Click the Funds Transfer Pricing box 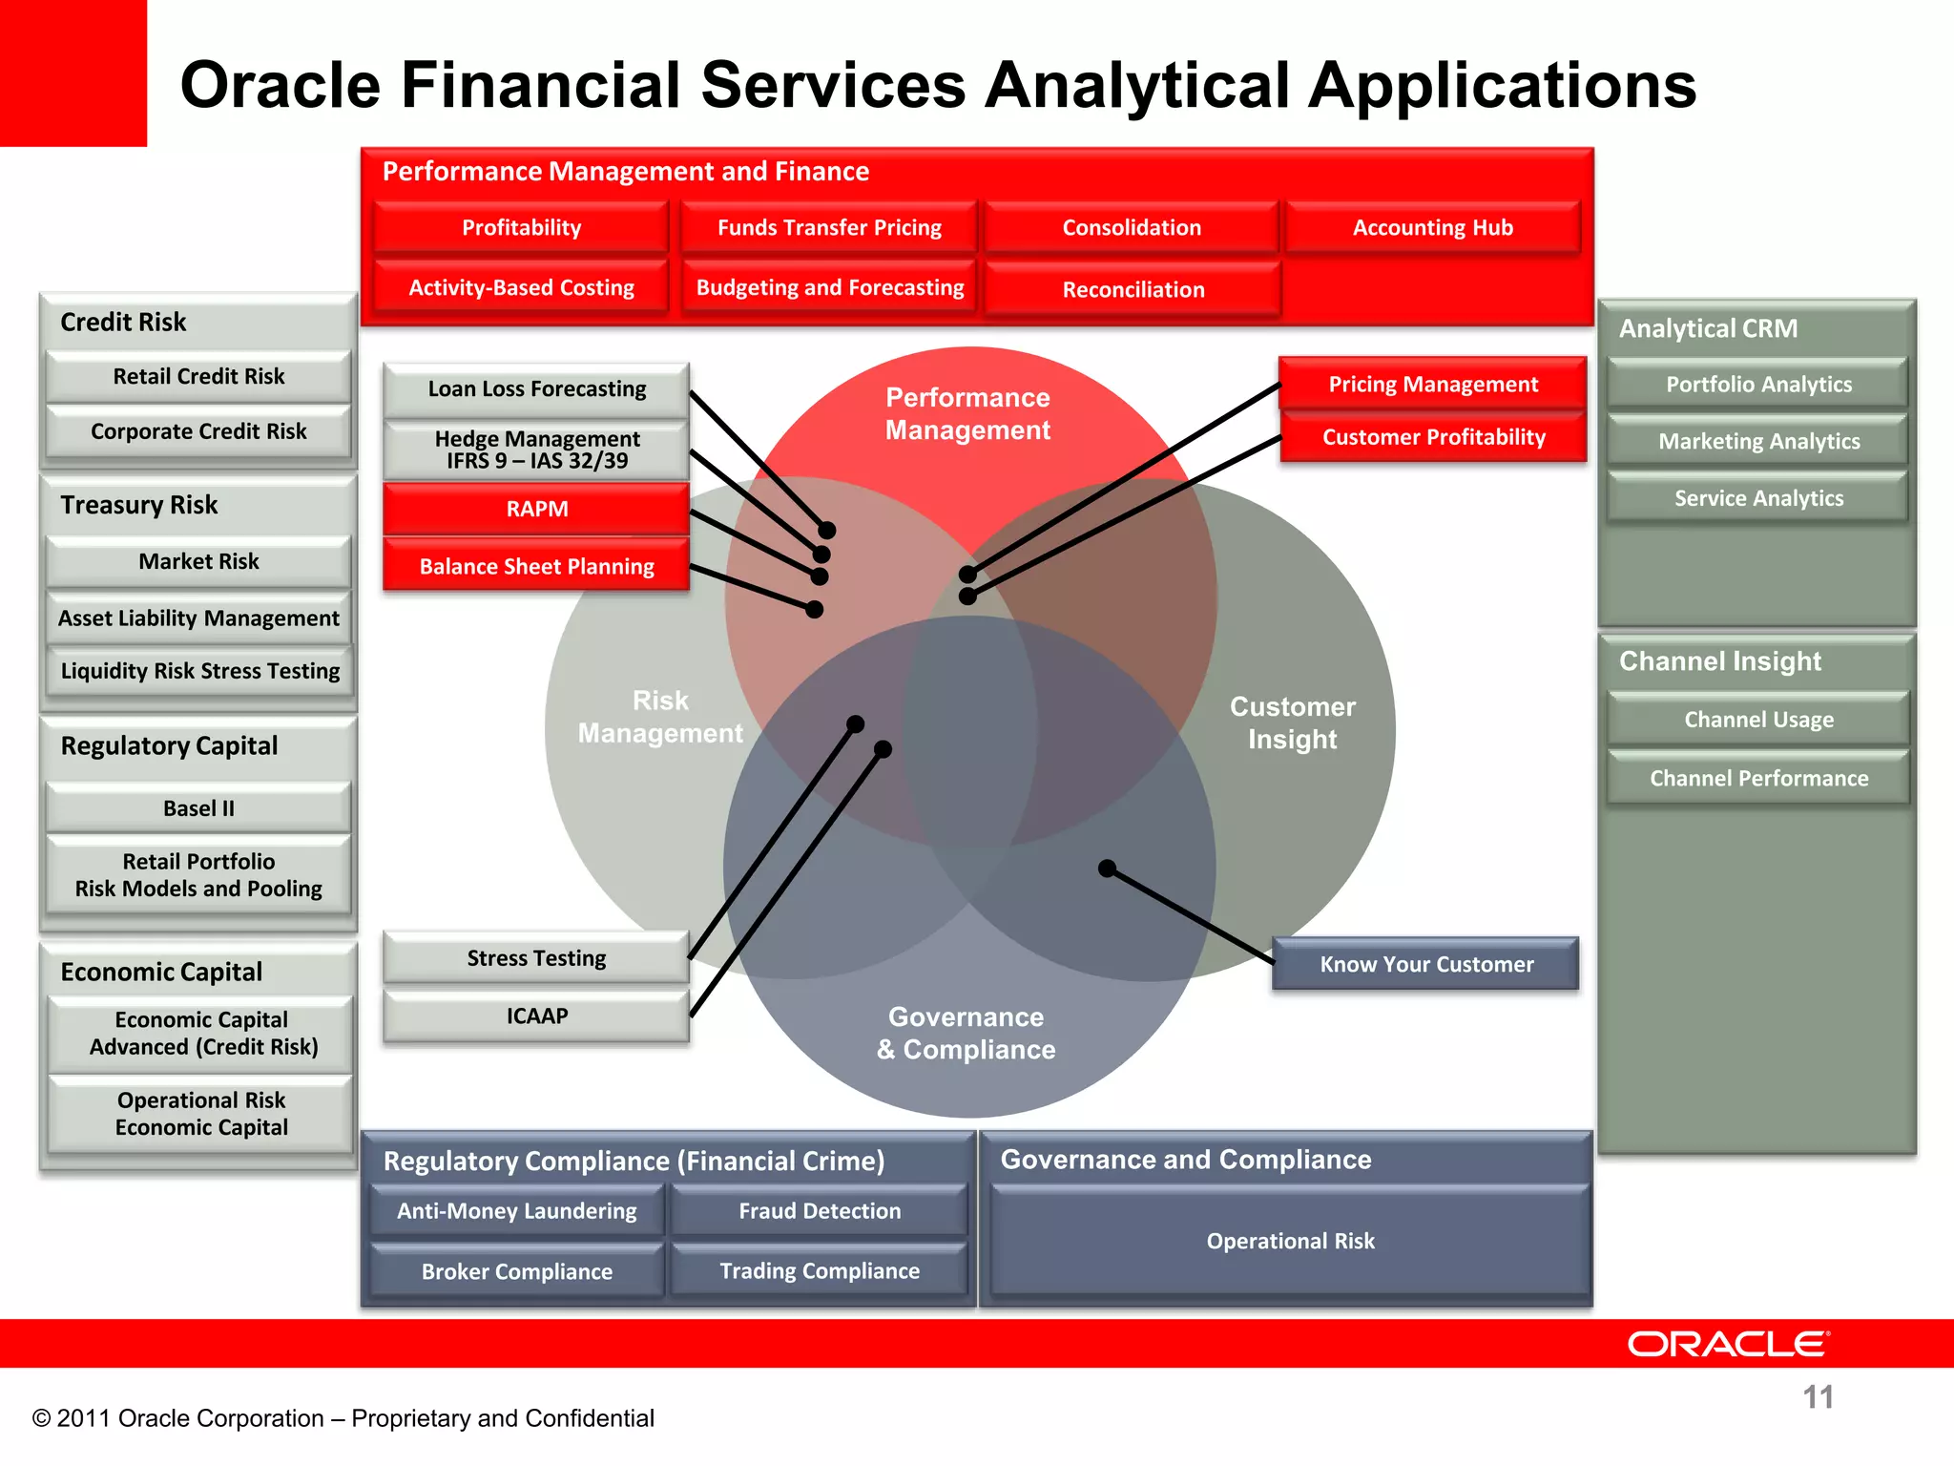(x=829, y=227)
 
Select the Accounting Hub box (x=1432, y=227)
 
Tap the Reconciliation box (x=1133, y=289)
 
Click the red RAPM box (x=536, y=509)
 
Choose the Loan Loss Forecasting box (x=536, y=388)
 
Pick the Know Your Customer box (x=1425, y=964)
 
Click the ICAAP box (x=536, y=1016)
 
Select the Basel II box (x=198, y=808)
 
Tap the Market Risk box (x=198, y=561)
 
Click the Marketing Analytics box (x=1758, y=441)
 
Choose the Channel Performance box (x=1758, y=778)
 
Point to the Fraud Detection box (x=820, y=1210)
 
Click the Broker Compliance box (x=517, y=1271)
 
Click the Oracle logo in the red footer (x=1728, y=1344)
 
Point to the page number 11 (x=1818, y=1397)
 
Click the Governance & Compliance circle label (x=966, y=1033)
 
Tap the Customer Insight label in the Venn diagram (x=1292, y=723)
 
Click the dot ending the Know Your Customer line (x=1107, y=869)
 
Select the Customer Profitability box (x=1433, y=437)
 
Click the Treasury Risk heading (x=139, y=505)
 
